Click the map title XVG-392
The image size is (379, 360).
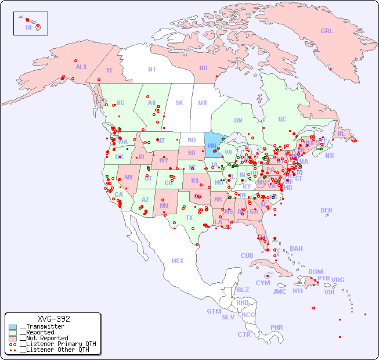click(53, 319)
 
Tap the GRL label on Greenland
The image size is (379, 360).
click(327, 31)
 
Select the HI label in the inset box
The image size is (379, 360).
click(28, 27)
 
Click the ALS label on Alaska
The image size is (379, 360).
click(81, 67)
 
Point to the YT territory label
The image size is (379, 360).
click(109, 70)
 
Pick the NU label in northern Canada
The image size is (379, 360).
click(203, 68)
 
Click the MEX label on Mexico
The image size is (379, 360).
click(178, 261)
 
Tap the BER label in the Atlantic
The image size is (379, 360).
click(327, 210)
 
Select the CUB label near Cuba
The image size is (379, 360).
click(247, 255)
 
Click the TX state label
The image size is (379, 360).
click(189, 218)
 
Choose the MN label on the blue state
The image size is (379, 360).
click(212, 146)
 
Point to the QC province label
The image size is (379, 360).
click(282, 119)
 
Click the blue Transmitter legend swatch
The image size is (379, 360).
click(13, 327)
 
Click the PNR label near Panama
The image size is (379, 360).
click(277, 327)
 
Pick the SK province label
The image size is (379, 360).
click(179, 103)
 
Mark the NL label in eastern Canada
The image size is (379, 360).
click(341, 134)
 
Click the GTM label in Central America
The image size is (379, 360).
click(214, 311)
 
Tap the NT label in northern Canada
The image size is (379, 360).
click(152, 69)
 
